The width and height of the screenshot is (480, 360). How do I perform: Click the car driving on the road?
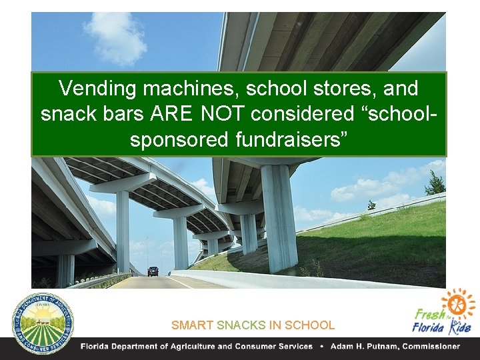pyautogui.click(x=153, y=271)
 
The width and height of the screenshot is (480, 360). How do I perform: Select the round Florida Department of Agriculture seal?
pyautogui.click(x=43, y=323)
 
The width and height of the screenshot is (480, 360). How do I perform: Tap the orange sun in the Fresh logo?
pyautogui.click(x=459, y=303)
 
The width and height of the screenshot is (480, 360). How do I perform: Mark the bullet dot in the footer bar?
pyautogui.click(x=322, y=347)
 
